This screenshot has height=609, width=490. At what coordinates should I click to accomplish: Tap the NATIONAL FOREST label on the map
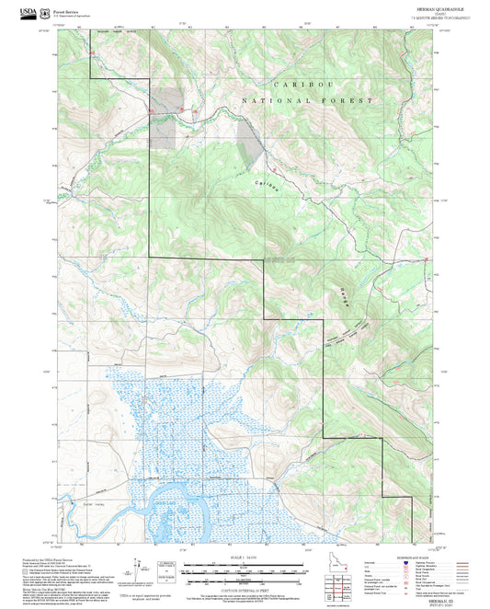coord(308,99)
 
